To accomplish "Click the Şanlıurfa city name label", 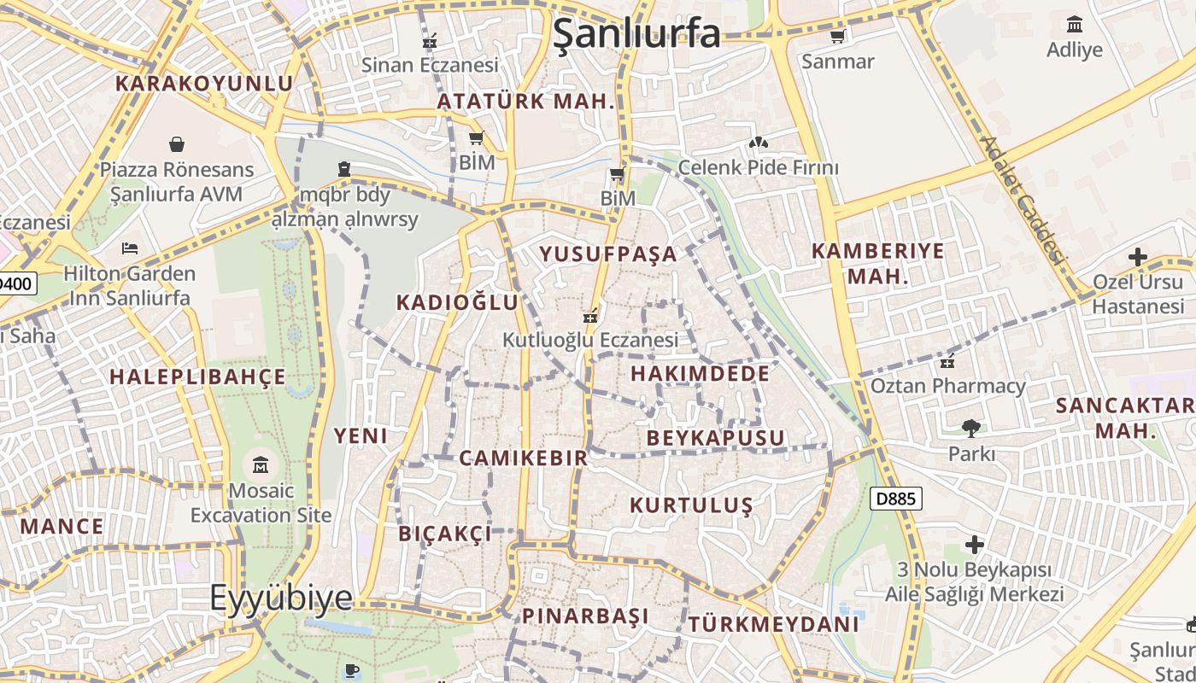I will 636,33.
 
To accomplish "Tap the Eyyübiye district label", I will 281,598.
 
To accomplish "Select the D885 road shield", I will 896,499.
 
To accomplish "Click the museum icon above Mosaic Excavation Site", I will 261,465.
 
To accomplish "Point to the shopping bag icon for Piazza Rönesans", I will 177,143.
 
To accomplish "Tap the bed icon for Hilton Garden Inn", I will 130,248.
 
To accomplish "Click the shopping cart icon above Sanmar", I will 838,36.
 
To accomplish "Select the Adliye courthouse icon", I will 1075,24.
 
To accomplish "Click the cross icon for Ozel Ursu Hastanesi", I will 1137,256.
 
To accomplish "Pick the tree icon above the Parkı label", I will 970,428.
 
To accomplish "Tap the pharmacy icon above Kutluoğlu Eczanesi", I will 589,315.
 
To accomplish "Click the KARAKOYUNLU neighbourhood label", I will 204,84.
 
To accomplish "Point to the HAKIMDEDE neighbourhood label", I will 700,373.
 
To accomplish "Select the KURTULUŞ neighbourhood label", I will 691,505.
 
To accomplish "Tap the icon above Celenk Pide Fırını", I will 758,142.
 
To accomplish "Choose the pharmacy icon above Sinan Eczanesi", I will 430,40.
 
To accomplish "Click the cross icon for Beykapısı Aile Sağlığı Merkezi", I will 975,544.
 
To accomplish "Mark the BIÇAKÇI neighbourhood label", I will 445,534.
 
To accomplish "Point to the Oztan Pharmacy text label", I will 947,386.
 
